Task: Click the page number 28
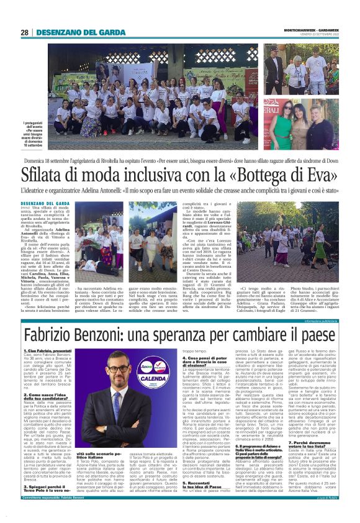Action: click(x=25, y=32)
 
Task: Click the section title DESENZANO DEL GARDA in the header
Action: click(x=77, y=32)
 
